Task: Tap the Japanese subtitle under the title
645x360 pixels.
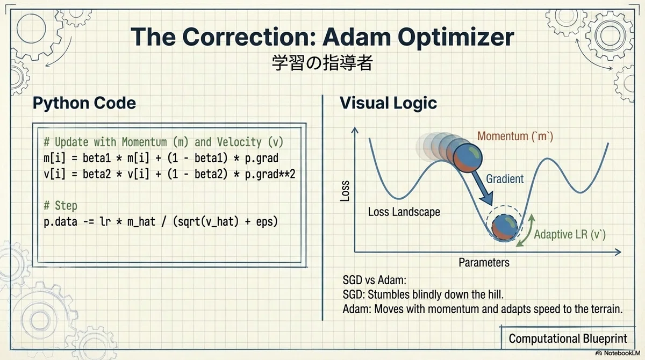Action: point(322,62)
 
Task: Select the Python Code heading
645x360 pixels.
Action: point(84,103)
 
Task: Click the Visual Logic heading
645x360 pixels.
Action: point(388,103)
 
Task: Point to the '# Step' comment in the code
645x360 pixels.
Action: point(60,205)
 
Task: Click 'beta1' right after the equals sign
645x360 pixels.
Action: point(97,158)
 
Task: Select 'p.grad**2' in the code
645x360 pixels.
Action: point(270,174)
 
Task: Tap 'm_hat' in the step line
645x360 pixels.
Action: point(141,221)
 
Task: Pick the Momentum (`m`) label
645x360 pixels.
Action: point(515,136)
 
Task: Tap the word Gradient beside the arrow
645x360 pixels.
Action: point(505,179)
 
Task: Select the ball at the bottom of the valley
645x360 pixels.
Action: point(505,227)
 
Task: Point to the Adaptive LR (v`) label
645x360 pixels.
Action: point(570,234)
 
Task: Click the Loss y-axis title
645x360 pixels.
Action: point(345,191)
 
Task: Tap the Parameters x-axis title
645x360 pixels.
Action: point(484,262)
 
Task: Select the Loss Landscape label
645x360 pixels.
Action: point(404,212)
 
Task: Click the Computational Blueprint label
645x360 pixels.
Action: point(568,339)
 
